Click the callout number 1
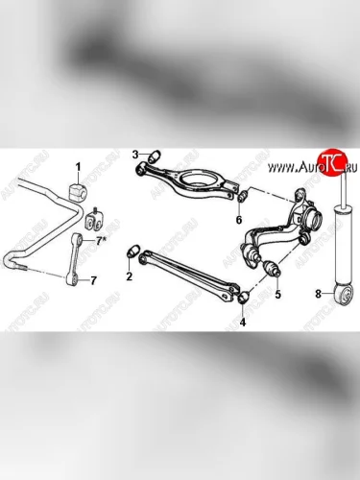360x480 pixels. click(x=78, y=166)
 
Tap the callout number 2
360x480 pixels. click(x=129, y=276)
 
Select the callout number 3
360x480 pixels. click(x=135, y=156)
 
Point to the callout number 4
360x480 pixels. click(x=243, y=322)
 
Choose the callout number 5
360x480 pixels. click(x=277, y=294)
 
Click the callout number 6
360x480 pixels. click(x=239, y=220)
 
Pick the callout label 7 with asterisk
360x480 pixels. click(x=99, y=241)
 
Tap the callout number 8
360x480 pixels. click(x=318, y=294)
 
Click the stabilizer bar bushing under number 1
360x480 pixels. click(x=78, y=191)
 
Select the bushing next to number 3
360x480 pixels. click(x=156, y=157)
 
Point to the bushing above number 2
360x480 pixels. click(x=133, y=252)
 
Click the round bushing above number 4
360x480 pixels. click(x=244, y=298)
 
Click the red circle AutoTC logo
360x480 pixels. click(x=331, y=162)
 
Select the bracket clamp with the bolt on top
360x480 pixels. click(x=94, y=221)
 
